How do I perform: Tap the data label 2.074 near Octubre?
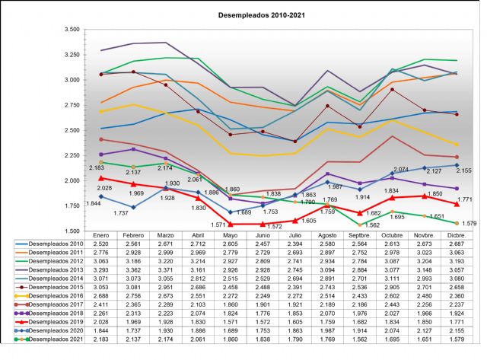click(x=401, y=169)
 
